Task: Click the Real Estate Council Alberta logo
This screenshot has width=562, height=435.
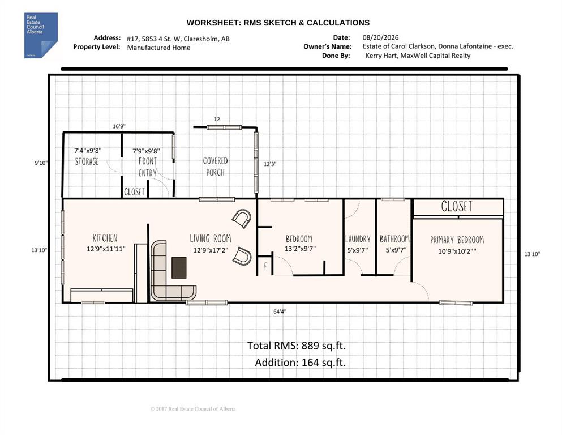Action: coord(41,35)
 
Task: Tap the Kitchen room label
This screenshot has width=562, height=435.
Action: coord(105,238)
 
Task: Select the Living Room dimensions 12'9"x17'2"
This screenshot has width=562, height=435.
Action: coord(211,250)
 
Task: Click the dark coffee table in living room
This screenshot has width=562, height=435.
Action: coord(179,267)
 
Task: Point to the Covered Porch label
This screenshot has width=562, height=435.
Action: coord(215,167)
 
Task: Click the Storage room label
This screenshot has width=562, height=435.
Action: coord(87,161)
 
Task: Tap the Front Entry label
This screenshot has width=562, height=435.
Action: coord(147,167)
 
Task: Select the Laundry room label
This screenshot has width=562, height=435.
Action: coord(358,239)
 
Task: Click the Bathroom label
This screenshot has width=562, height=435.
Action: coord(394,239)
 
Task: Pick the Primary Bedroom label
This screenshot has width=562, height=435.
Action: coord(457,240)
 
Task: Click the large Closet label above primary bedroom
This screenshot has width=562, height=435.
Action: coord(457,206)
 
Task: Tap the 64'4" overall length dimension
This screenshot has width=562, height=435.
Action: coord(280,312)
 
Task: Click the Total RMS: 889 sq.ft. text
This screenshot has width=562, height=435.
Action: coord(297,346)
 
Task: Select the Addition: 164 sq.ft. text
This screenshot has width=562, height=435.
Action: coord(301,362)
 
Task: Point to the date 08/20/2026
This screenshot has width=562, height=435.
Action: coord(380,37)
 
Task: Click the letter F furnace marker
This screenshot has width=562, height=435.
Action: coord(265,266)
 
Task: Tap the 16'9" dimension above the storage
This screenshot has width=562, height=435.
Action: coord(119,126)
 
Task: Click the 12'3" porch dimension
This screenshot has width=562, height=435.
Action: coord(270,164)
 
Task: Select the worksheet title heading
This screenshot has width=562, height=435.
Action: coord(278,23)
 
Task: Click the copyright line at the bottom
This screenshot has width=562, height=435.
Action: coord(193,408)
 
